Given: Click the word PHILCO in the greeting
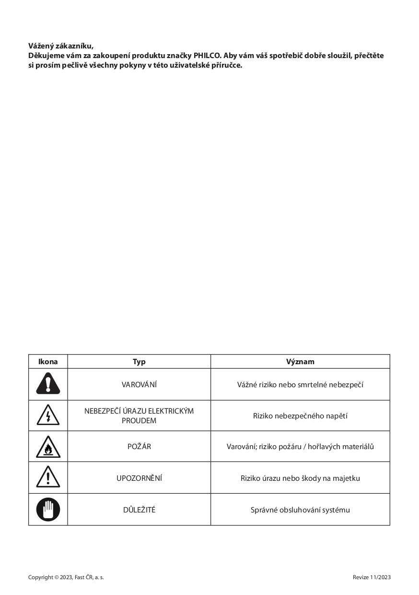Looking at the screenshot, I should [207, 56].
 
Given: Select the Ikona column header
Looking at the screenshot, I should [48, 362].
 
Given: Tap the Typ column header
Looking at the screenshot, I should [139, 362].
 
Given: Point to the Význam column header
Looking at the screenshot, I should [300, 362].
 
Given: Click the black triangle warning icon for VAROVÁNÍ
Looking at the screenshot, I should [48, 384].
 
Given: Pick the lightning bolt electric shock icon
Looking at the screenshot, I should [48, 416].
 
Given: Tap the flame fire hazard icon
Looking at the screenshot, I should [48, 447].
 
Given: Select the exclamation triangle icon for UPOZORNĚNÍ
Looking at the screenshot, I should [48, 478].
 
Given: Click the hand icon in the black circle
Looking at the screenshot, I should [48, 510].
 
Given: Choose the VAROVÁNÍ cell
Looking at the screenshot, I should [139, 385].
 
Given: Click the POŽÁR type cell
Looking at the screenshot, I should [139, 447].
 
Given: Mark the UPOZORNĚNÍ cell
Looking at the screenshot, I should [139, 478].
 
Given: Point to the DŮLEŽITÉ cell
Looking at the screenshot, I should [139, 510].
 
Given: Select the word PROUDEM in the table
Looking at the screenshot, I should [139, 421].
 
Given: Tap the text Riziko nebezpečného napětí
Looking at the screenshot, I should [300, 416].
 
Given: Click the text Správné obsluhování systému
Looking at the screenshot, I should [300, 510].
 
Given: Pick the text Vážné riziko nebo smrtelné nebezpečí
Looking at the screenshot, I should [300, 385].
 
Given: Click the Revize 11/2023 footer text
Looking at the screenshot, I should [372, 577].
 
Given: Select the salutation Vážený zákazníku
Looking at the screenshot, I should [61, 46].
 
